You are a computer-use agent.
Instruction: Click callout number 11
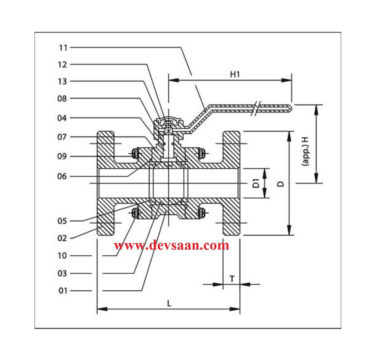pyautogui.click(x=63, y=48)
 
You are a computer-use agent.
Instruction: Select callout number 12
pyautogui.click(x=62, y=64)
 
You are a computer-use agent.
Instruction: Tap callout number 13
pyautogui.click(x=62, y=81)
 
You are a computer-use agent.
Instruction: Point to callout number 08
pyautogui.click(x=62, y=99)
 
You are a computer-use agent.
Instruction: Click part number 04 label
pyautogui.click(x=62, y=118)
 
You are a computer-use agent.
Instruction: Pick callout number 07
pyautogui.click(x=62, y=137)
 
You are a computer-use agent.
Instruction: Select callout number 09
pyautogui.click(x=62, y=157)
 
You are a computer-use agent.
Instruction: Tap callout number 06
pyautogui.click(x=62, y=176)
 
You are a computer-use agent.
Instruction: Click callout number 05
pyautogui.click(x=62, y=221)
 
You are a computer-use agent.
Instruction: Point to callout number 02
pyautogui.click(x=62, y=238)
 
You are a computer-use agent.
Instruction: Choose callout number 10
pyautogui.click(x=62, y=256)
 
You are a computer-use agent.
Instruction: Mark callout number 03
pyautogui.click(x=62, y=273)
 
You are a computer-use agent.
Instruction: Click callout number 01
pyautogui.click(x=63, y=291)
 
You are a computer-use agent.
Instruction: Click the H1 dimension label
pyautogui.click(x=235, y=74)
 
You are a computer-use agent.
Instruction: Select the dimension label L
pyautogui.click(x=169, y=304)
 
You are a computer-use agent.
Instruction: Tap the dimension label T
pyautogui.click(x=232, y=279)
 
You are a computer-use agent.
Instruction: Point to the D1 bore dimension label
pyautogui.click(x=257, y=184)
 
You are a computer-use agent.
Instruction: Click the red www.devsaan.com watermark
pyautogui.click(x=172, y=246)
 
